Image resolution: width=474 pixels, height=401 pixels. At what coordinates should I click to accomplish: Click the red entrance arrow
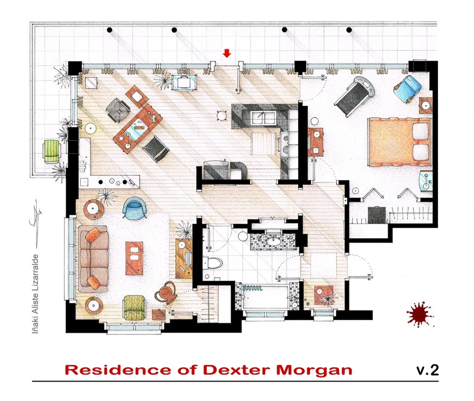click(227, 53)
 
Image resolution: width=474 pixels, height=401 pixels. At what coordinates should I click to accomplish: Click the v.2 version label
click(427, 370)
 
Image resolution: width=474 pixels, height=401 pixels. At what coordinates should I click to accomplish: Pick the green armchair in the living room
click(134, 307)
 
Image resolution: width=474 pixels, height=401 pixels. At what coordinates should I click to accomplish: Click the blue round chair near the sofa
click(134, 207)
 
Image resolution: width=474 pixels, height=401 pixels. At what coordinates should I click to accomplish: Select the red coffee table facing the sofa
click(134, 258)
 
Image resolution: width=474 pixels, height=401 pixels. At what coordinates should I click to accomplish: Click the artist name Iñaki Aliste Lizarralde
click(36, 294)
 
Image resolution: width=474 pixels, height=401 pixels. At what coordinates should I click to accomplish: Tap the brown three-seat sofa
click(93, 259)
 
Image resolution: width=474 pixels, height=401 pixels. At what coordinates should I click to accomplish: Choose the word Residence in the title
click(118, 370)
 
